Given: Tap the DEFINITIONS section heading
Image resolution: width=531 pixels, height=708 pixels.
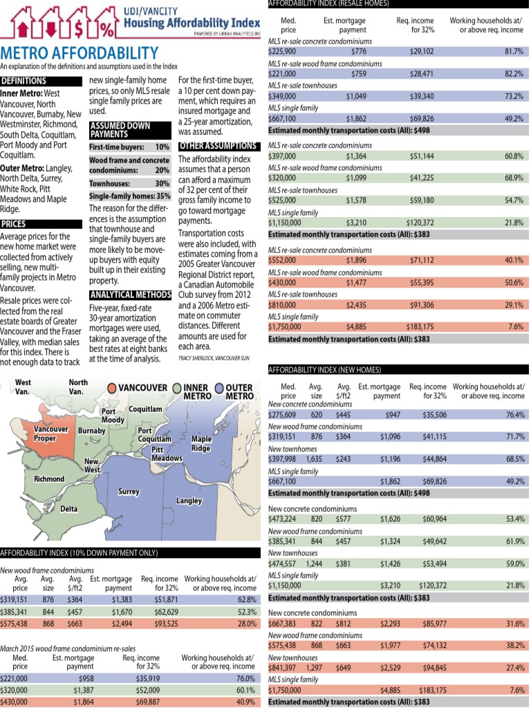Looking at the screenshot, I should [x=24, y=81].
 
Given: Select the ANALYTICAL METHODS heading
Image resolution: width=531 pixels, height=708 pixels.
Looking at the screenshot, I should [x=130, y=295].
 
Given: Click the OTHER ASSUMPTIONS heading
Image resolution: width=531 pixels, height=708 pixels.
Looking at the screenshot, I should [x=218, y=147].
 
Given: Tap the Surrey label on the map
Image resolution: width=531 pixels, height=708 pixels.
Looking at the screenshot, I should [x=129, y=492].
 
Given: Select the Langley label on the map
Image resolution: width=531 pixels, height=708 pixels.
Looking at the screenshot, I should [x=189, y=499].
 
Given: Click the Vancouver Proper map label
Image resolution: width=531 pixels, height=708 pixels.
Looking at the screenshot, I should [x=51, y=434].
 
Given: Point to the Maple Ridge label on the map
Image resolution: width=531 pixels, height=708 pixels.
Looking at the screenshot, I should [x=201, y=443].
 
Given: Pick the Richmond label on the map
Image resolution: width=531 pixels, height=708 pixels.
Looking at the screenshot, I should [x=50, y=478].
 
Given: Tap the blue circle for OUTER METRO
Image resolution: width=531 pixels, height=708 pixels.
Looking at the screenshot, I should [x=221, y=387].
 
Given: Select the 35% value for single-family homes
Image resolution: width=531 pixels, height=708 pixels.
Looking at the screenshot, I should [x=163, y=196].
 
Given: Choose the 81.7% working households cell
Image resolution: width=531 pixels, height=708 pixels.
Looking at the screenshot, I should [x=513, y=51].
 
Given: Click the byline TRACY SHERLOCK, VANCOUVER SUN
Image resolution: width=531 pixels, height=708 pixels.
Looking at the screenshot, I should [x=213, y=358].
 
